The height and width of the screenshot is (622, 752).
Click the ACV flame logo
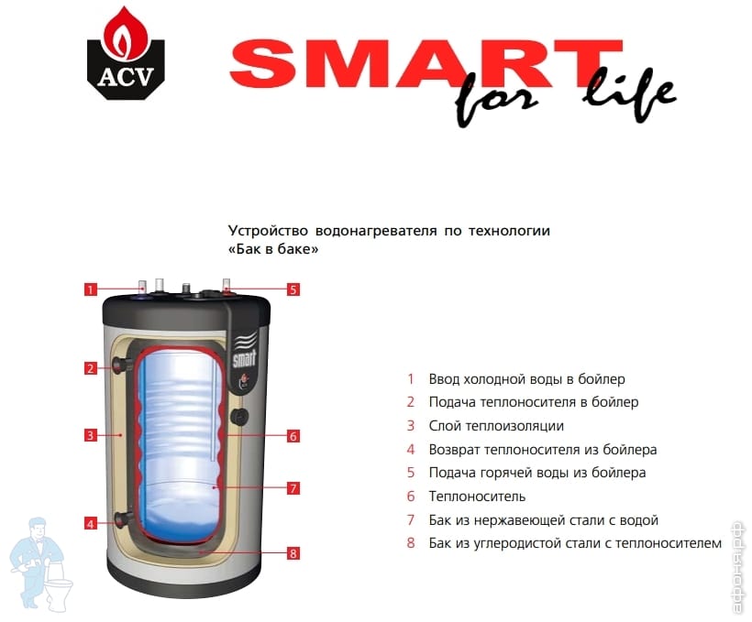click(x=127, y=53)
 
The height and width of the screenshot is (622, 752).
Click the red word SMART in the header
click(x=426, y=64)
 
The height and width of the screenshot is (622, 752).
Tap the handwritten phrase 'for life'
click(x=565, y=97)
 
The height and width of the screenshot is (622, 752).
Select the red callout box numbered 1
click(x=91, y=289)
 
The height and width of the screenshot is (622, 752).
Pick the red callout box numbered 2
click(x=91, y=368)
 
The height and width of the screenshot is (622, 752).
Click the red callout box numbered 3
click(x=91, y=435)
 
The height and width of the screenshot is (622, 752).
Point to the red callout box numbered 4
click(x=91, y=523)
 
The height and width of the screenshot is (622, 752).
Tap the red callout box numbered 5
click(x=293, y=289)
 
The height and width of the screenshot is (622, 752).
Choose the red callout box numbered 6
click(x=293, y=436)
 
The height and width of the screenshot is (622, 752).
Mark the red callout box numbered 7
click(x=293, y=488)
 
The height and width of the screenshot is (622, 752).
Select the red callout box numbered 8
click(x=293, y=553)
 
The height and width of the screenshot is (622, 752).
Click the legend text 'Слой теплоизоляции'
click(x=496, y=426)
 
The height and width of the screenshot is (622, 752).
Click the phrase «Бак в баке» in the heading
click(x=273, y=249)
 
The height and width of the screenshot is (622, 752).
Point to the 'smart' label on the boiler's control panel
click(x=244, y=358)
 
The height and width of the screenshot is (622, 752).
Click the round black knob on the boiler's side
click(x=238, y=416)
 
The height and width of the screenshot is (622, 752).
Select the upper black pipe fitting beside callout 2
click(x=122, y=366)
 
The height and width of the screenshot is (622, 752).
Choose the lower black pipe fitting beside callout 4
click(x=123, y=519)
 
